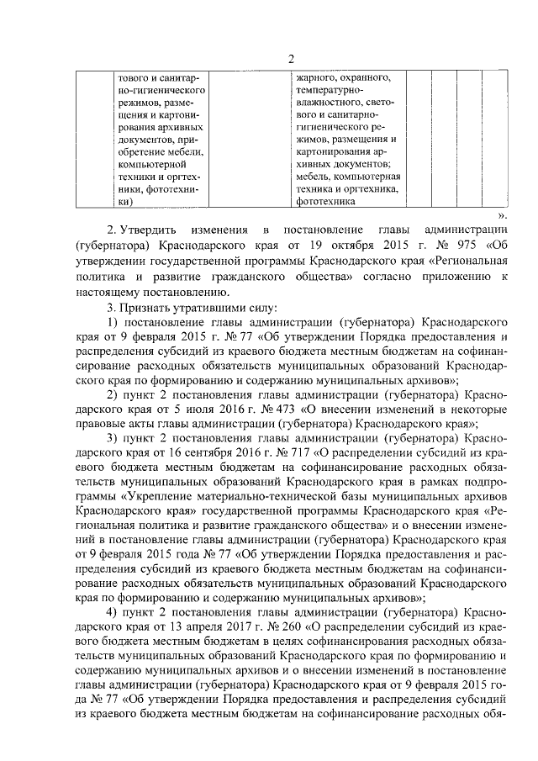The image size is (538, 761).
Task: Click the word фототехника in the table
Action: coord(324,202)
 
